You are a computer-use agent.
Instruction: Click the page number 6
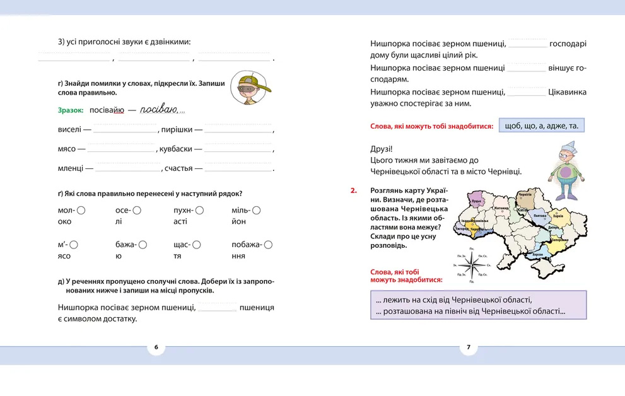[156, 347]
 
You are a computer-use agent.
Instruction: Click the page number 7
[468, 347]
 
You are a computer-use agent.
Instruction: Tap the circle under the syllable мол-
[81, 211]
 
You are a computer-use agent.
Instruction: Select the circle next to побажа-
[269, 245]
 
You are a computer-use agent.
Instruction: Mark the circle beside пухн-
[200, 211]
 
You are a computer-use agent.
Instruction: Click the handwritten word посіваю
[157, 109]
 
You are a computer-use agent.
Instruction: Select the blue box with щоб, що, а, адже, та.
[542, 126]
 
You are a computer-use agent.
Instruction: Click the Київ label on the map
[522, 209]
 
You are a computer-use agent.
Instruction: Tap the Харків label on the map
[558, 216]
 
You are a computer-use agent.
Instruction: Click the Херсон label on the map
[537, 253]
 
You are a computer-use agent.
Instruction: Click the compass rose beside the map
[470, 264]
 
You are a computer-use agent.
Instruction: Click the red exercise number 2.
[354, 190]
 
